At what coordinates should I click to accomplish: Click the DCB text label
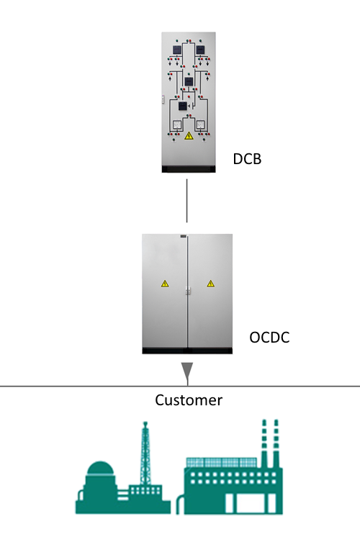click(247, 159)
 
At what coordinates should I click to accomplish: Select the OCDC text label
click(269, 338)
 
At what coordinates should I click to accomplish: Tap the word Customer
click(189, 400)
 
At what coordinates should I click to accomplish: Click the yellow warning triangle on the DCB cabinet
click(189, 136)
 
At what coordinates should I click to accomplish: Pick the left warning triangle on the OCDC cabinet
click(165, 284)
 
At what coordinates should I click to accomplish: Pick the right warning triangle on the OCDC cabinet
click(210, 284)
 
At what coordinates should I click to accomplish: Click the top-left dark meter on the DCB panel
click(176, 50)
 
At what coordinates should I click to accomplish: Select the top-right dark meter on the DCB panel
click(200, 50)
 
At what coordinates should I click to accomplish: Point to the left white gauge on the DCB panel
click(177, 125)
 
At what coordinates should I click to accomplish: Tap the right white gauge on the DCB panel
click(200, 125)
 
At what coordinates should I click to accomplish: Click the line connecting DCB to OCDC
click(186, 201)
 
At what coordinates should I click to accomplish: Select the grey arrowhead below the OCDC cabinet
click(187, 371)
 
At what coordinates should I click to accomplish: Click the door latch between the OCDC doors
click(188, 291)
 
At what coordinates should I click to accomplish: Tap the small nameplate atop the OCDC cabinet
click(184, 236)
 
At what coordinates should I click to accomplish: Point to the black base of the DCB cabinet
click(189, 169)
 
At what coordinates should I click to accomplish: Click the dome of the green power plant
click(99, 468)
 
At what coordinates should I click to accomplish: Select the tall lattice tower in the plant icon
click(145, 452)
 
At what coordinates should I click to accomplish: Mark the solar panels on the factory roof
click(221, 462)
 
